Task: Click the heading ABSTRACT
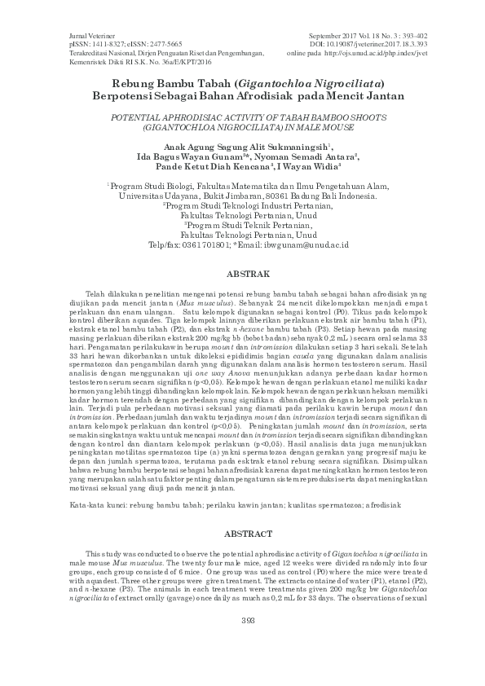point(242,534)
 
